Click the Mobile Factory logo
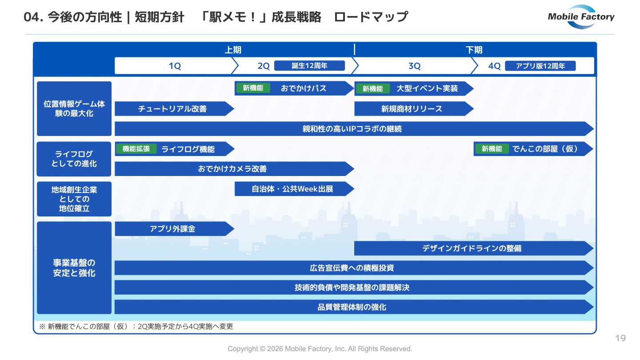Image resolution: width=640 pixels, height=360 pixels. [581, 17]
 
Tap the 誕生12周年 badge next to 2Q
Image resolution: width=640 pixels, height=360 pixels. [309, 66]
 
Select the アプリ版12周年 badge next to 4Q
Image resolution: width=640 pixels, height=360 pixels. [540, 66]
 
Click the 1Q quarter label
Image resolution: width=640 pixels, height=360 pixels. [175, 66]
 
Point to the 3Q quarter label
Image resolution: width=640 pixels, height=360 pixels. [414, 66]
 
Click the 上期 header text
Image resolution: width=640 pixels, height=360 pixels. [233, 50]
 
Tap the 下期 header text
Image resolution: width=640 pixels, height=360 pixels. [474, 50]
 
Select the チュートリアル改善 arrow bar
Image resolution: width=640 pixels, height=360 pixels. [174, 108]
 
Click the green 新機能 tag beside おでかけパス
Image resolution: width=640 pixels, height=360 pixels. [253, 88]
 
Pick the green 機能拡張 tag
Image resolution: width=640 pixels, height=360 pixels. [136, 149]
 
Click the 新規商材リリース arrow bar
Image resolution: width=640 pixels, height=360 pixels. [414, 108]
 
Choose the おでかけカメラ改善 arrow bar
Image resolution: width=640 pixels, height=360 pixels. [234, 169]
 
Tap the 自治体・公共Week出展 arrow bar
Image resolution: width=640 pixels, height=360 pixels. [294, 189]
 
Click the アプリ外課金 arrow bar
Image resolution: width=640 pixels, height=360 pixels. [174, 229]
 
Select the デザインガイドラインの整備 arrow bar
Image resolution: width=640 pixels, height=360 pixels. [474, 248]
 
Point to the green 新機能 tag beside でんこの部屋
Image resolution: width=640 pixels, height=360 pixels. [492, 149]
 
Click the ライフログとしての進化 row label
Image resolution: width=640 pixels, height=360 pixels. [74, 159]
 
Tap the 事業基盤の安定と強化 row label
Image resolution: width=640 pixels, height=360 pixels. [74, 268]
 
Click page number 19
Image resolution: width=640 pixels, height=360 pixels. [620, 338]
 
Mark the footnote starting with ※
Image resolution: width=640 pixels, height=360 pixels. [136, 326]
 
